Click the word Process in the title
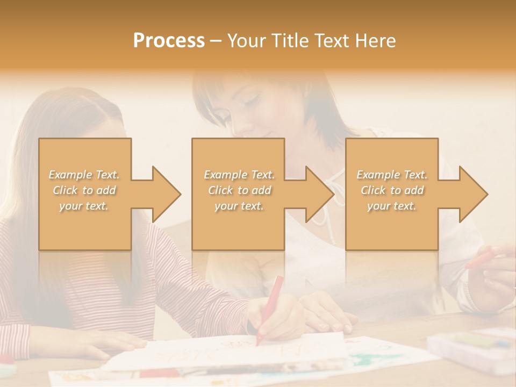tap(169, 40)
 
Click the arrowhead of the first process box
tap(164, 194)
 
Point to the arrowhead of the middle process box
tap(317, 194)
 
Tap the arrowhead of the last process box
tap(471, 194)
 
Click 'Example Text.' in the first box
tap(84, 175)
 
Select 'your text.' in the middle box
tap(239, 206)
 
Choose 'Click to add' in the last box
tap(392, 190)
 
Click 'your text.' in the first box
tap(84, 206)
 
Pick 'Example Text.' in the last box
tap(392, 175)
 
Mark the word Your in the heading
tap(245, 40)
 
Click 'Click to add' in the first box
tap(84, 190)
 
